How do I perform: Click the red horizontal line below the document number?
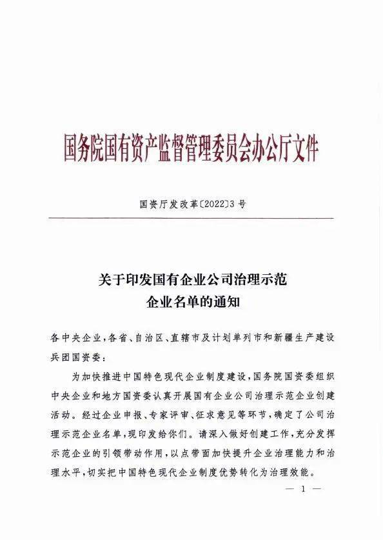[x=191, y=219]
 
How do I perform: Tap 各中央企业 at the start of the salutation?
[x=75, y=339]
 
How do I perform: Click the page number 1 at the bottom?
[x=302, y=490]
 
